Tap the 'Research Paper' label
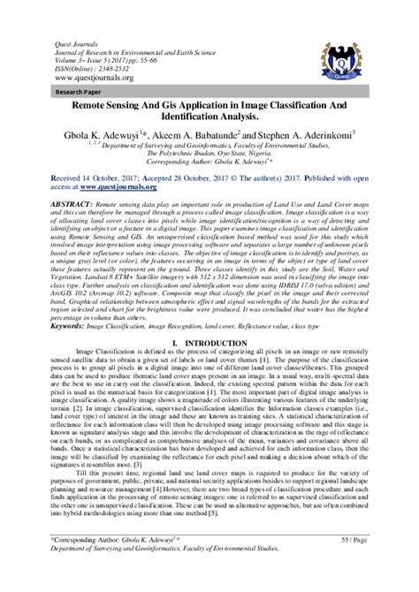61,89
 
